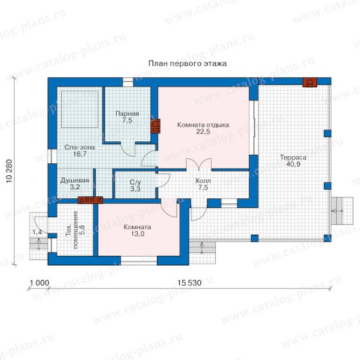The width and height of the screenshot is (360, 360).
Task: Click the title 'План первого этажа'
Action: [188, 63]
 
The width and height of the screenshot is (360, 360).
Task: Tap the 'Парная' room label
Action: [127, 114]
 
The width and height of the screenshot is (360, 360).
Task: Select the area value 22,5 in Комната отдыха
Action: [203, 131]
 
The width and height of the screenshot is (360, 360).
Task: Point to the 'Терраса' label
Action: [293, 157]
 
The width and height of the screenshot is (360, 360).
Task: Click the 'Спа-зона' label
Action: [79, 147]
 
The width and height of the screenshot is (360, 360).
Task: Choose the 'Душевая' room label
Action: [75, 181]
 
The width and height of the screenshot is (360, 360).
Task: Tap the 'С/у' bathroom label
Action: [135, 182]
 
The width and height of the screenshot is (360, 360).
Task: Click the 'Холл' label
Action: [203, 181]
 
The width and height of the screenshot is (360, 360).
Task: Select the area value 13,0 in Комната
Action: [138, 234]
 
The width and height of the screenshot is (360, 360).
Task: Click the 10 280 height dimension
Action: [9, 171]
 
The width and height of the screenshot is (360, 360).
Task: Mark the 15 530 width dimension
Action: [189, 283]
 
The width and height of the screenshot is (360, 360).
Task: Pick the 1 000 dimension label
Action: [39, 283]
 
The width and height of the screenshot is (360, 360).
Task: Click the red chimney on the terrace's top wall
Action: [309, 82]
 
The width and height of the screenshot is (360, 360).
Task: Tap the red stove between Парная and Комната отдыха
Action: [155, 126]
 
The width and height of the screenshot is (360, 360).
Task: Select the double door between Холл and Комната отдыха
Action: [199, 164]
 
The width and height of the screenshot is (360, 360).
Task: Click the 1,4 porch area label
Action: [37, 232]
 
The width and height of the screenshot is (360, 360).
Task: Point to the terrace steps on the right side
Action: [342, 211]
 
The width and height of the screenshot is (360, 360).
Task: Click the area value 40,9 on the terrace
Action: [293, 164]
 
